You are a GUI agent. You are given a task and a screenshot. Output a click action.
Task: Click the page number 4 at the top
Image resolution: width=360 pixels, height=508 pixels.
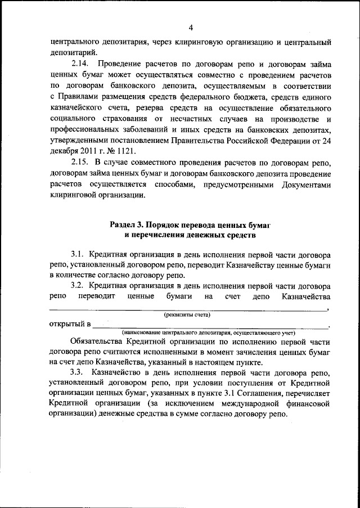(x=191, y=28)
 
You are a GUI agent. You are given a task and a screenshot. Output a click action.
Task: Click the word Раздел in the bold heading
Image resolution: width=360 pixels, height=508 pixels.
(x=122, y=224)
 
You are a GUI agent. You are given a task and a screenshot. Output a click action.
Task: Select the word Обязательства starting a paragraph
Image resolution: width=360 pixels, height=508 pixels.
(x=99, y=342)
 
